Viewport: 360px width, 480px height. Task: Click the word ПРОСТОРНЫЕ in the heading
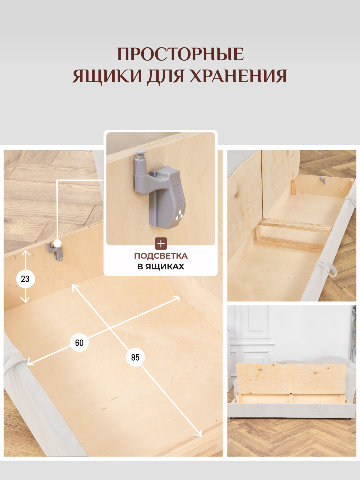[180, 54]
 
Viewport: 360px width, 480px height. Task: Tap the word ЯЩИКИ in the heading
[107, 76]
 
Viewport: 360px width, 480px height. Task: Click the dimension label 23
[25, 279]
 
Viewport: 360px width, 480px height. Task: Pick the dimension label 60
[79, 343]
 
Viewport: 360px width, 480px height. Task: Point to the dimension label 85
[135, 357]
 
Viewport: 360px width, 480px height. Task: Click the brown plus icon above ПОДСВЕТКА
[161, 244]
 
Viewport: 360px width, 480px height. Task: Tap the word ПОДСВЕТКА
[161, 256]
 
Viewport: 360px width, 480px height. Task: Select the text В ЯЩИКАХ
[161, 266]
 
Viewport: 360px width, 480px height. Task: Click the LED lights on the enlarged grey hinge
[179, 216]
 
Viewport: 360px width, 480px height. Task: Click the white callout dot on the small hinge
[57, 243]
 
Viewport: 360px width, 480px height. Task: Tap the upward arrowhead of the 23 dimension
[26, 253]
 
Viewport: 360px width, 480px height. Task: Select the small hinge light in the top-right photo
[322, 181]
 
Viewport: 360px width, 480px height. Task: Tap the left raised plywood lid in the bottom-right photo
[263, 379]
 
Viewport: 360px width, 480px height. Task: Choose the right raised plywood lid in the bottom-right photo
[319, 379]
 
